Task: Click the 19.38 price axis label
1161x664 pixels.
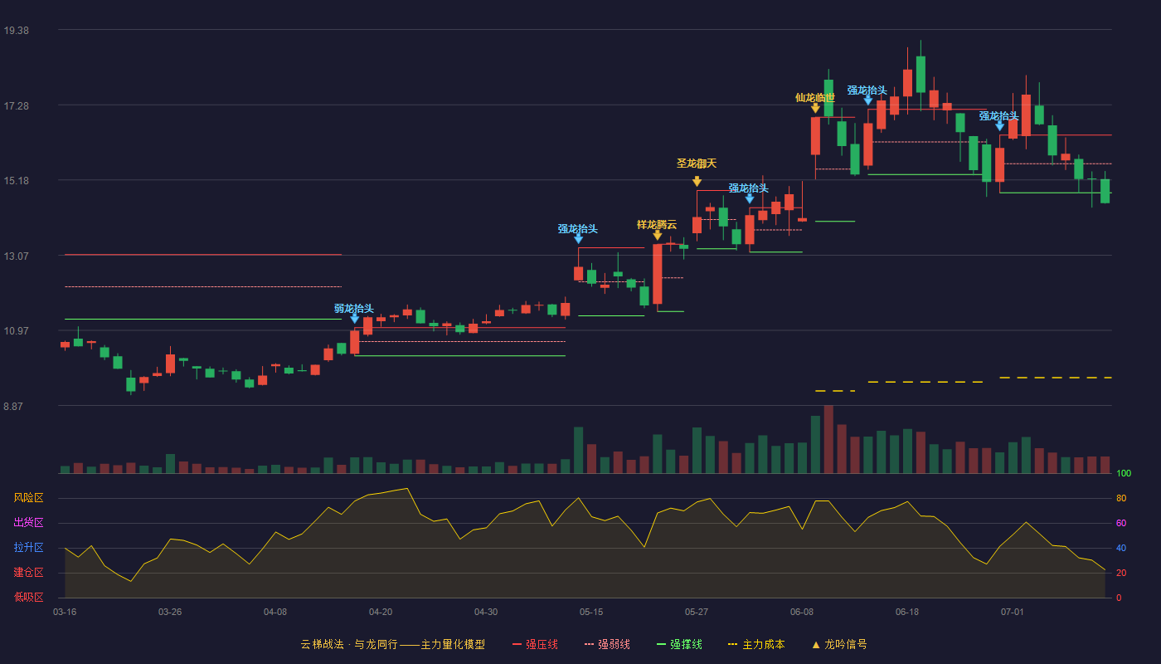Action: coord(16,31)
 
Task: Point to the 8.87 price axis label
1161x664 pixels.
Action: coord(13,407)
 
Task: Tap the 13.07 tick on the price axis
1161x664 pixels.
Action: coord(16,256)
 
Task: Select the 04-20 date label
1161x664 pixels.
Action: coord(381,613)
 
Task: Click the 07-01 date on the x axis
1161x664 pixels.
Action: coord(1013,613)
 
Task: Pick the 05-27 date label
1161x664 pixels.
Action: coord(696,613)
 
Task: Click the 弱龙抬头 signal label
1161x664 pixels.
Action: coord(354,309)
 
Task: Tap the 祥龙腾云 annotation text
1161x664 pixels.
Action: coord(657,225)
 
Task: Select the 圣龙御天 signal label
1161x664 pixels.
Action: coord(697,164)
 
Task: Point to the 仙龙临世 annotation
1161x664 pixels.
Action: coord(815,98)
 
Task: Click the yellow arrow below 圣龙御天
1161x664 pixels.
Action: coord(697,181)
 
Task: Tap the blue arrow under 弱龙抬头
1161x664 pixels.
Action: coord(355,319)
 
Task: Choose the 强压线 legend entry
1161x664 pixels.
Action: coord(535,644)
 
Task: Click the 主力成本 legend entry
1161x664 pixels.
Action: coord(756,644)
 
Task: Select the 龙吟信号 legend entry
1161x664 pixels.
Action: coord(839,644)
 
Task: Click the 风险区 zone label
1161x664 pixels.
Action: coord(28,498)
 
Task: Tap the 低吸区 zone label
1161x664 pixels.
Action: coord(28,598)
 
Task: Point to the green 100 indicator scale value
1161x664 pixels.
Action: coord(1124,473)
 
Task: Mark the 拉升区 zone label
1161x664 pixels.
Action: coord(28,548)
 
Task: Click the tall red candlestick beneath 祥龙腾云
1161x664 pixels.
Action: coord(657,274)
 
